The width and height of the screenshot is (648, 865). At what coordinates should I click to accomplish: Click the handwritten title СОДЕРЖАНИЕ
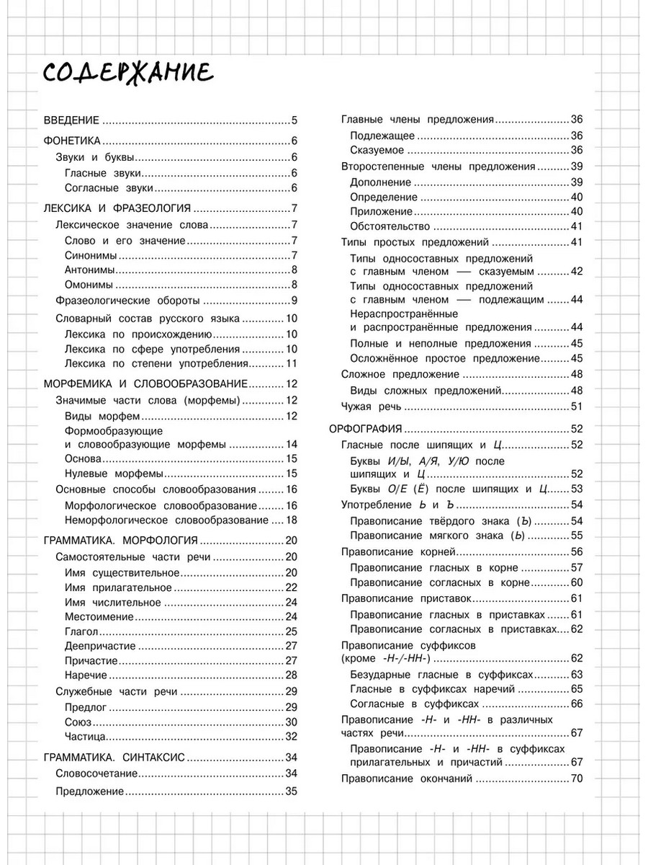pos(127,72)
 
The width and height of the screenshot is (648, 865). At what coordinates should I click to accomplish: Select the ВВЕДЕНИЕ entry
pos(71,120)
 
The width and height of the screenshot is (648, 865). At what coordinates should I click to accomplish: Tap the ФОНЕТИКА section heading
pos(71,141)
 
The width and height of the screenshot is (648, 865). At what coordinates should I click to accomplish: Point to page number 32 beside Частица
pos(292,737)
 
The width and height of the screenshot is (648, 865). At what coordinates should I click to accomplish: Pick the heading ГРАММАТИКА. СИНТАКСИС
pos(114,757)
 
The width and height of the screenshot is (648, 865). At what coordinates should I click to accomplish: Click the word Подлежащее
pos(382,136)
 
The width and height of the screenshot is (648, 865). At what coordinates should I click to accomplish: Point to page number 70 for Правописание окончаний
pos(576,778)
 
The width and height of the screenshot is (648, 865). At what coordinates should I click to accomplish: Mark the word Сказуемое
pos(377,150)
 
